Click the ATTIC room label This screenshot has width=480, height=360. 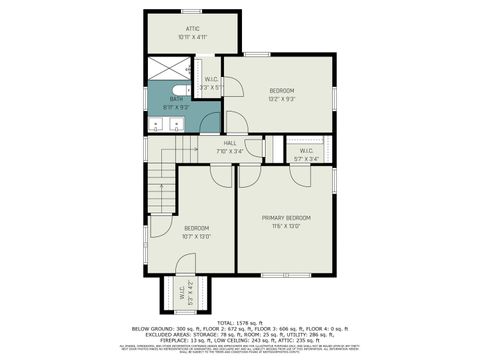pyautogui.click(x=193, y=29)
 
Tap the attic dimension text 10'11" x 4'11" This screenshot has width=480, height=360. pyautogui.click(x=193, y=38)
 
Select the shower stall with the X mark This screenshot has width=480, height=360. pyautogui.click(x=170, y=68)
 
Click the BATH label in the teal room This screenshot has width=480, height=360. pyautogui.click(x=176, y=99)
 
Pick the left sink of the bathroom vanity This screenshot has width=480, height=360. pyautogui.click(x=160, y=126)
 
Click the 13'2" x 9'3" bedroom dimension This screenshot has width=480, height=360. pyautogui.click(x=279, y=99)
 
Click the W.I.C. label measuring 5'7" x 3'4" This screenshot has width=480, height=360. pyautogui.click(x=306, y=150)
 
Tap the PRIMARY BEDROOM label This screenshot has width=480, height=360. pyautogui.click(x=286, y=217)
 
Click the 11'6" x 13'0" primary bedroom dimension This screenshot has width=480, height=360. pyautogui.click(x=286, y=226)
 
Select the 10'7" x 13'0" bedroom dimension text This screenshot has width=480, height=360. pyautogui.click(x=195, y=237)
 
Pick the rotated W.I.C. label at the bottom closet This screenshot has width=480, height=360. pyautogui.click(x=185, y=295)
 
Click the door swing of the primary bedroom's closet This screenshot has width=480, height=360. pyautogui.click(x=300, y=172)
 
